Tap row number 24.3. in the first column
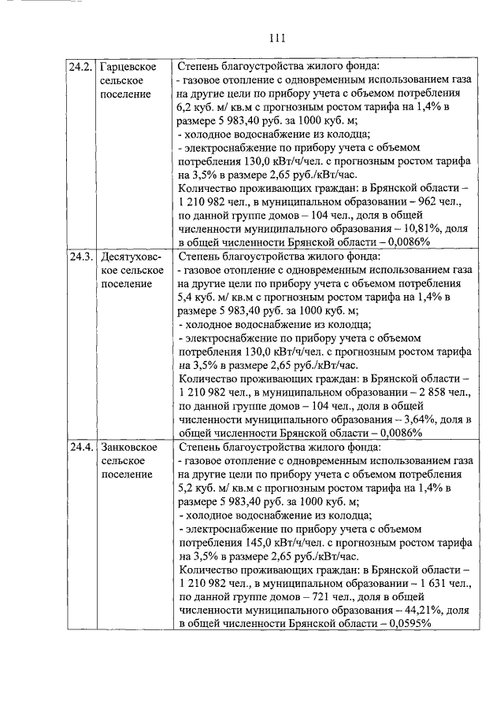[x=80, y=256]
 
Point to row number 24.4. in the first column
[x=80, y=447]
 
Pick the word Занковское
[x=128, y=447]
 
